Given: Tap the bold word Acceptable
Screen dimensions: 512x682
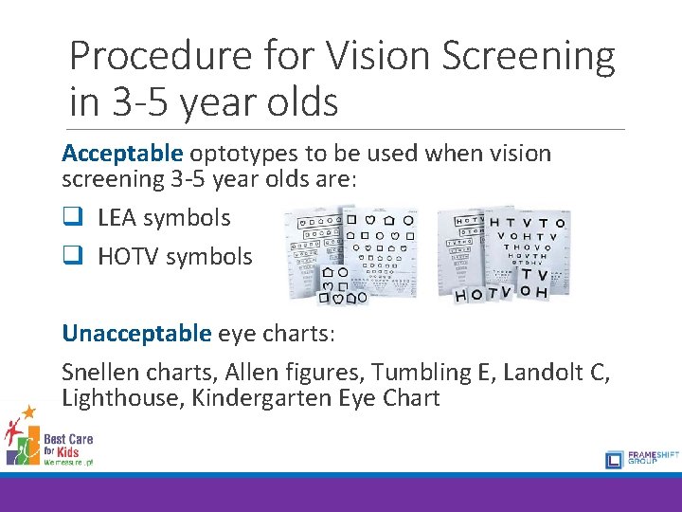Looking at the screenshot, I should (122, 154).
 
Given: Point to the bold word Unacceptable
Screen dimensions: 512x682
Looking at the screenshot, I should (136, 333).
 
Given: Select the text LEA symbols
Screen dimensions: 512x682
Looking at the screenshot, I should (164, 217).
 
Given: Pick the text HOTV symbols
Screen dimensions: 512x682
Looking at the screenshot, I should (175, 256).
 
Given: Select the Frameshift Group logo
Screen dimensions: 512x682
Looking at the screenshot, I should (638, 459).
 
